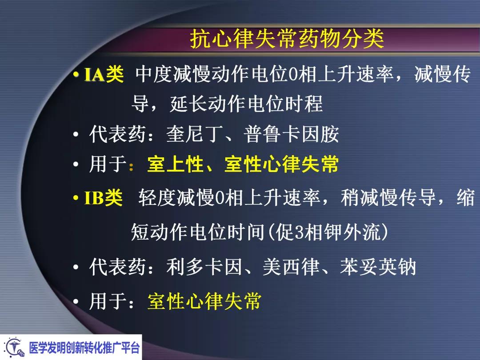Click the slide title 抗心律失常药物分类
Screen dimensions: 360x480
pos(287,40)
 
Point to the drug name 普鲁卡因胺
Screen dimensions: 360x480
pos(291,134)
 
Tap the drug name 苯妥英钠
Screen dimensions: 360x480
pos(378,267)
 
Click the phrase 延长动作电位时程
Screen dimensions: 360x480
pos(246,105)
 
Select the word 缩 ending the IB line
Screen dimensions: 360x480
pos(465,198)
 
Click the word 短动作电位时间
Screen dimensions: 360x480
pos(198,232)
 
